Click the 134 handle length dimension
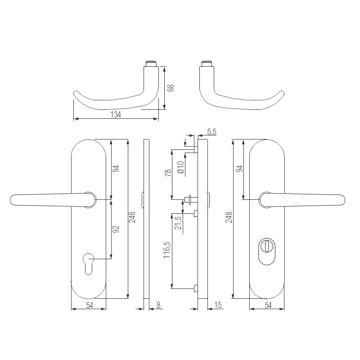click(116, 115)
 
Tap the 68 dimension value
click(171, 88)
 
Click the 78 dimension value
click(168, 173)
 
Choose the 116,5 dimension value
click(167, 250)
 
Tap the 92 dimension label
click(117, 229)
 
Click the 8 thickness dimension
click(158, 305)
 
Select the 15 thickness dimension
click(218, 305)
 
